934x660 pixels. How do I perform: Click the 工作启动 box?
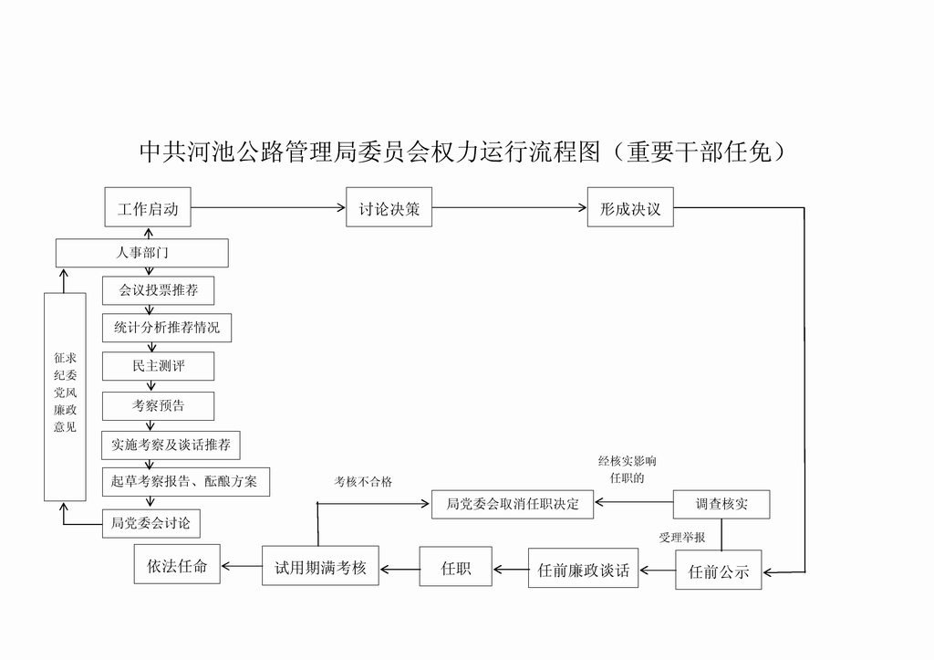click(x=148, y=207)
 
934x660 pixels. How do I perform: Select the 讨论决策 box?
click(x=389, y=207)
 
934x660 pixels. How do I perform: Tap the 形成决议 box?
click(x=630, y=207)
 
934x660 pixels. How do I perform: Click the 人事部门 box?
click(x=141, y=253)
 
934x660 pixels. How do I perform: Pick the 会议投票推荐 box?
click(x=158, y=290)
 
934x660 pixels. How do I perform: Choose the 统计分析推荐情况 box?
click(x=166, y=327)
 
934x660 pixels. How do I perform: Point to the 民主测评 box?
click(x=158, y=366)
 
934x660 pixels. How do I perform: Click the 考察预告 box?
click(x=158, y=405)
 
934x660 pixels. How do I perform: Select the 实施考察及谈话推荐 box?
click(x=171, y=445)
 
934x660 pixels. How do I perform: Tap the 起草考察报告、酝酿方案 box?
click(x=185, y=481)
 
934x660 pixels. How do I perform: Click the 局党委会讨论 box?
click(x=150, y=523)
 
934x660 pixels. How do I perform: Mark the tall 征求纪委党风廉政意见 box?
click(x=65, y=397)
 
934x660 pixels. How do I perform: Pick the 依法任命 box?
click(x=177, y=565)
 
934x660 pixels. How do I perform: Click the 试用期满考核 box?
click(x=320, y=567)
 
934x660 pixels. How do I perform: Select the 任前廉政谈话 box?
click(x=583, y=571)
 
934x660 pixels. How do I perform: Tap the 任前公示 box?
click(x=718, y=571)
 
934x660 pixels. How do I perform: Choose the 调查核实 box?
click(x=721, y=503)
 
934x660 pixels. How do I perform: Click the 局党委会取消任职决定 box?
click(x=512, y=503)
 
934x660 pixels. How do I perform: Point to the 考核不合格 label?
click(x=362, y=481)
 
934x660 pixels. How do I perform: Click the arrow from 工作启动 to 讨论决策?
click(x=269, y=207)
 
